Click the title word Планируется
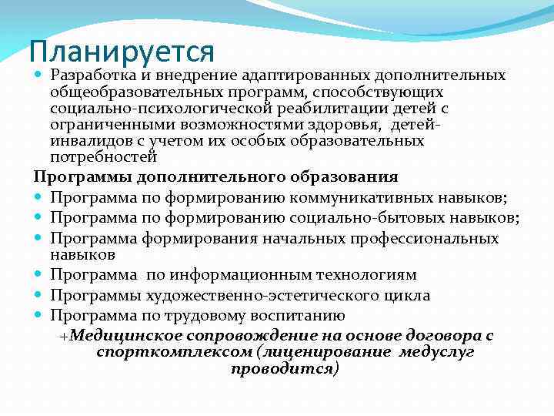tap(122, 52)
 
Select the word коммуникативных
tap(356, 197)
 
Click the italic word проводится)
tap(284, 368)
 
